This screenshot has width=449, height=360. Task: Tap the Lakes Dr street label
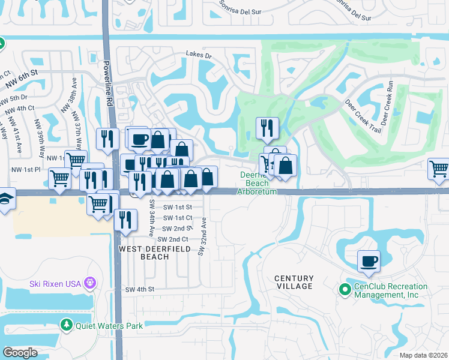coord(199,56)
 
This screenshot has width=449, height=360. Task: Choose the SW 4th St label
coord(140,289)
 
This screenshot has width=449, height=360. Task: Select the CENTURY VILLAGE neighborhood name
coord(294,282)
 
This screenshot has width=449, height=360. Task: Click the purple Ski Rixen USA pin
coord(90,281)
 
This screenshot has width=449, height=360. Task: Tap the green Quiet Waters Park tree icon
coord(67,325)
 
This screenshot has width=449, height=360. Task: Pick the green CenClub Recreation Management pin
coord(345,290)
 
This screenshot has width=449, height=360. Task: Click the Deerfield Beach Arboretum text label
coord(258,183)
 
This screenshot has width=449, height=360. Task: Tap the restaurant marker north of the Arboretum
coord(267,128)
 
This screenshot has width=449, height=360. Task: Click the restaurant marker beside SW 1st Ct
coord(125,220)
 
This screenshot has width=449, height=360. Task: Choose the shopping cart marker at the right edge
coord(439,169)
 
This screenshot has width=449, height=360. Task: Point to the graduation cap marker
coord(5,199)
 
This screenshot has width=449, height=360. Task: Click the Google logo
coord(20,353)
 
